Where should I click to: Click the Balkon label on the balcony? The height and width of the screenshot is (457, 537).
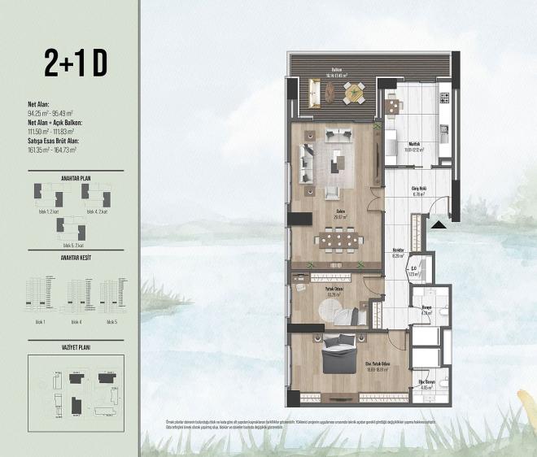335,71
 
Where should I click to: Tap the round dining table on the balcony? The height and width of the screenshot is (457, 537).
354,95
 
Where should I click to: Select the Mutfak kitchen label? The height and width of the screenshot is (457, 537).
413,146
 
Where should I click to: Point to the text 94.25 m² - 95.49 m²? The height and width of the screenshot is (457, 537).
50,113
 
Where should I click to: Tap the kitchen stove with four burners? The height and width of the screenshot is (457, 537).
444,99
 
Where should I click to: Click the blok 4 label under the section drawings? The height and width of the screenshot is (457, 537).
76,323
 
